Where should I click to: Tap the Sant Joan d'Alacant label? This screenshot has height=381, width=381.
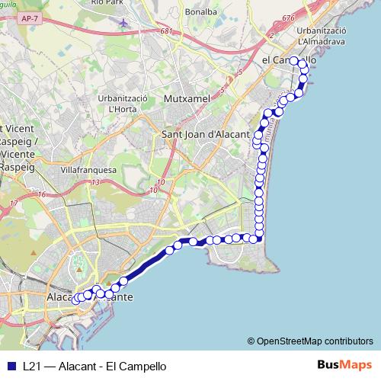click(207, 134)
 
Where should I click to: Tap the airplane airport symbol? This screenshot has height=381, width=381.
click(124, 22)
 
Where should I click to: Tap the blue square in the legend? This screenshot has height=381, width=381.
click(10, 366)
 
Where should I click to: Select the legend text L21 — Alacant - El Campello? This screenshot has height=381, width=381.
click(94, 366)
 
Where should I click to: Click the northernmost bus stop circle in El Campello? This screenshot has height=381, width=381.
click(295, 61)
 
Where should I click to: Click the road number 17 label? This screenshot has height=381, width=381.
click(14, 203)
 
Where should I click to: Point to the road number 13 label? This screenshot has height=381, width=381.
click(95, 183)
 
